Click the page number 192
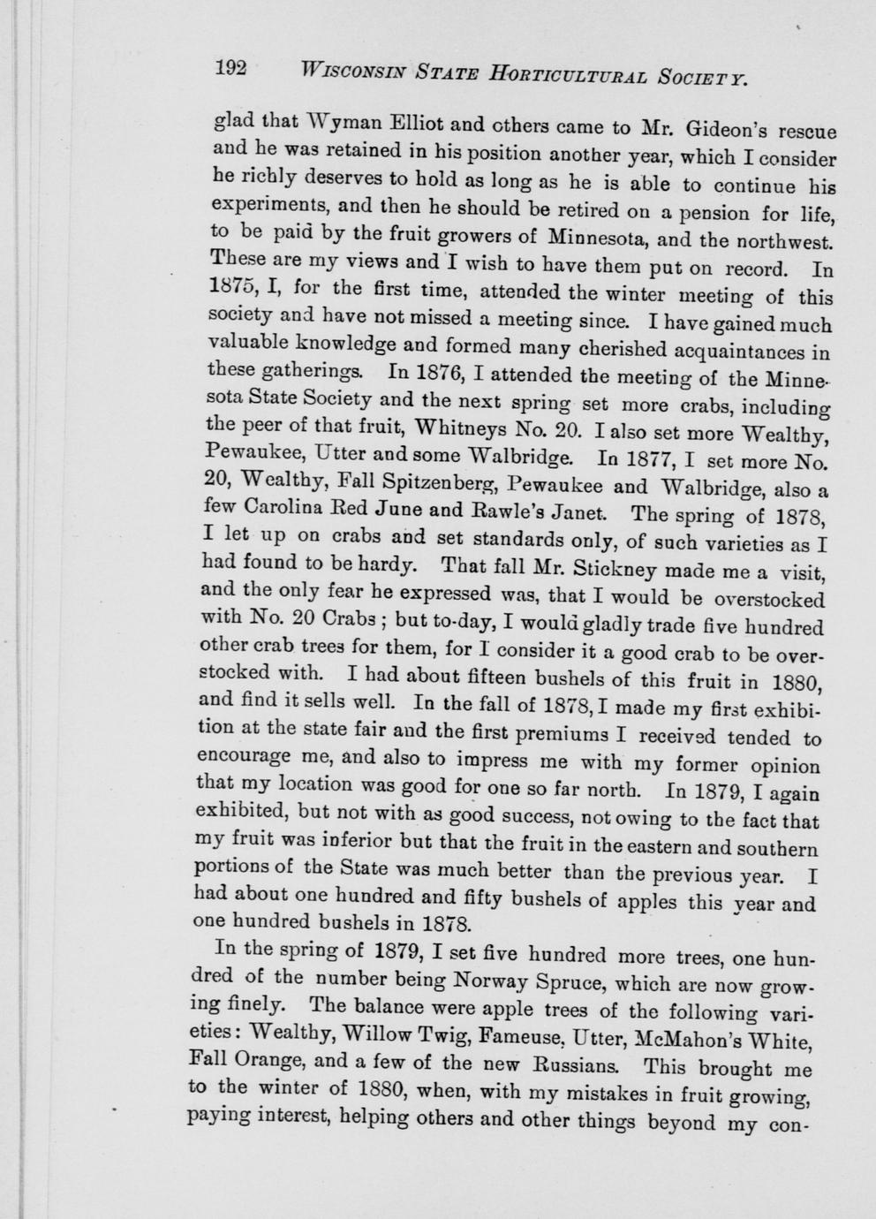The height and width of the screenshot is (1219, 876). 231,68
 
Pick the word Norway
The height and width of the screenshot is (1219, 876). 498,980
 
